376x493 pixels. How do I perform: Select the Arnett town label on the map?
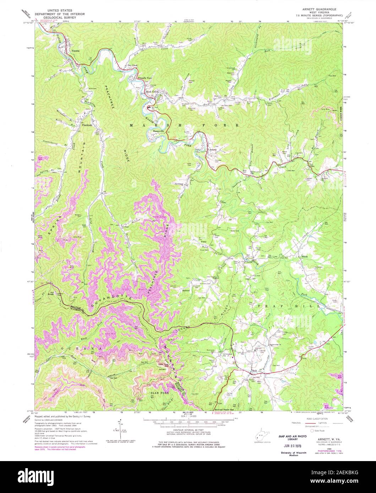212,150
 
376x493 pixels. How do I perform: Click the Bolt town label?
254,371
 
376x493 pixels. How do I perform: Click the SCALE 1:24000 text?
188,426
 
